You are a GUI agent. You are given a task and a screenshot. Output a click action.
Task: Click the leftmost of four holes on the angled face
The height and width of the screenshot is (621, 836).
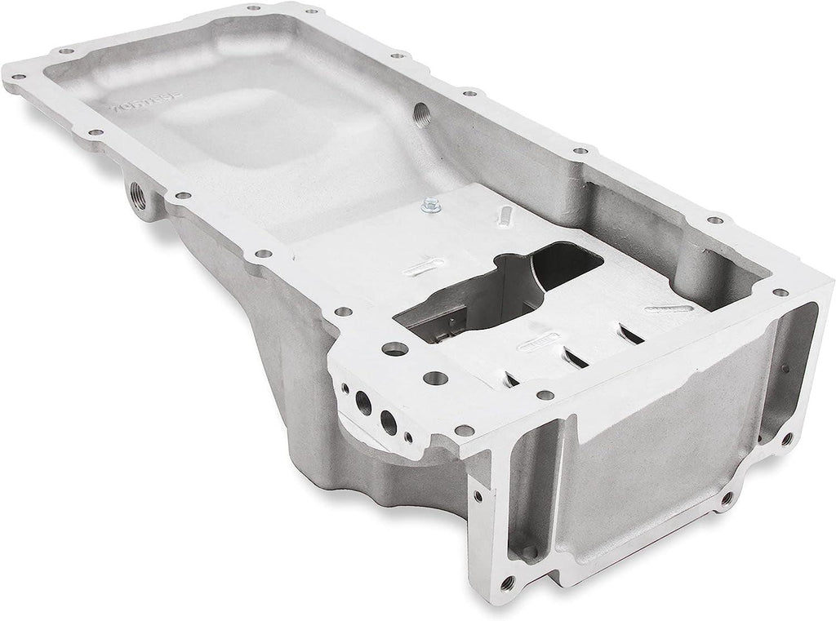pos(348,390)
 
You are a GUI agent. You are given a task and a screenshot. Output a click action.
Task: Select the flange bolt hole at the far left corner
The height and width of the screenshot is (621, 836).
pos(16,81)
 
